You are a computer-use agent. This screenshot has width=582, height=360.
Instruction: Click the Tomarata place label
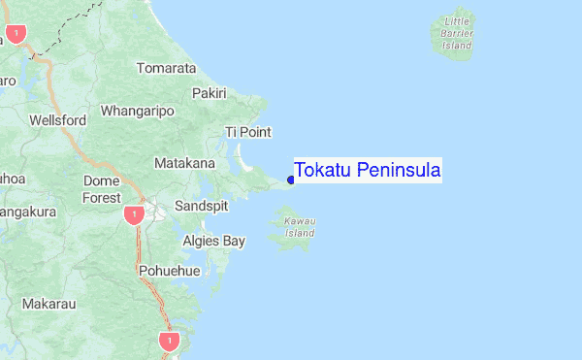point(166,69)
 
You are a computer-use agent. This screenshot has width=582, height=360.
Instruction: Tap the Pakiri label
point(209,93)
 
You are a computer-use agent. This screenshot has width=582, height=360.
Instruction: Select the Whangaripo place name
point(137,111)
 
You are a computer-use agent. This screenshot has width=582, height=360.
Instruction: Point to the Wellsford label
point(58,120)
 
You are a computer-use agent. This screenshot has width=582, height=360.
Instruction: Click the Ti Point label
point(247,132)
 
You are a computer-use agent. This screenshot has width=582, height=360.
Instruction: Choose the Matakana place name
point(184,163)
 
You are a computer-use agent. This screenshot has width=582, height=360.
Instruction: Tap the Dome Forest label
point(102,189)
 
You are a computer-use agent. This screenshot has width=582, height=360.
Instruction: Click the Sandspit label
point(203,206)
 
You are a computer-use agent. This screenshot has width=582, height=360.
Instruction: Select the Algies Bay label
point(213,240)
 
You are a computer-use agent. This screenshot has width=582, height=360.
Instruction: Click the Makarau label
point(48,304)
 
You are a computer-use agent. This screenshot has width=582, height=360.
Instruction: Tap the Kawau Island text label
point(300,227)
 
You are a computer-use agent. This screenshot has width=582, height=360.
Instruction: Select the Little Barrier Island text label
point(457,33)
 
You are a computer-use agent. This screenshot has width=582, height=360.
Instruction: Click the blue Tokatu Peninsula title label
point(368,171)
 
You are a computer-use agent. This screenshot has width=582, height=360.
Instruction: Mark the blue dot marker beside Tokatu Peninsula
point(291,180)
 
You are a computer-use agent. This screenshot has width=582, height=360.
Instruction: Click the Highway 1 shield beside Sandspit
point(134,213)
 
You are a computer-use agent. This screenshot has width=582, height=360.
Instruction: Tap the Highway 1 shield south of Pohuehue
point(170,342)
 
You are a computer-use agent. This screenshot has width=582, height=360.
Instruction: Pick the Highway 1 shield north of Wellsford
point(16,34)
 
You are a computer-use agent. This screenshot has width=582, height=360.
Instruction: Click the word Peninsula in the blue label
point(399,171)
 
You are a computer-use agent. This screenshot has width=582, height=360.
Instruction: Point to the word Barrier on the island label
point(457,33)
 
